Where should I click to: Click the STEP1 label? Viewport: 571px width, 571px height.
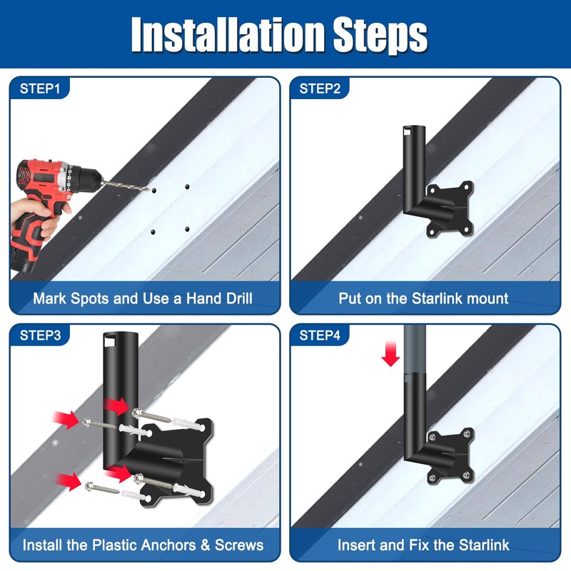[40, 89]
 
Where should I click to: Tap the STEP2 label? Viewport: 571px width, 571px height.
[320, 89]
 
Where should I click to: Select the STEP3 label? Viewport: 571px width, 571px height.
[40, 335]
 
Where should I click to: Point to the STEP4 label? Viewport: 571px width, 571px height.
[320, 335]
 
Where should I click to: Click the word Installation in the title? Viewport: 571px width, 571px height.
[228, 34]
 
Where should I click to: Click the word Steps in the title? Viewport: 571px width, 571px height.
[380, 36]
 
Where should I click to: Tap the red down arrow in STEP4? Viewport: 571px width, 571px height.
[390, 353]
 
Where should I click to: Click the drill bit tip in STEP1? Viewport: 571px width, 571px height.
[148, 189]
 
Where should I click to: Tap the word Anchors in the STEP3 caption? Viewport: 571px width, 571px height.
[168, 545]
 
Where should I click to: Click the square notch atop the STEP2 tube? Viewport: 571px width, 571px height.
[408, 131]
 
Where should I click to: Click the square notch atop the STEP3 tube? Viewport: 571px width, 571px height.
[109, 342]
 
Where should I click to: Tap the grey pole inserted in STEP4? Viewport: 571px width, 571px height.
[415, 349]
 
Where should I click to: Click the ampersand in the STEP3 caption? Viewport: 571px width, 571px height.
[206, 545]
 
